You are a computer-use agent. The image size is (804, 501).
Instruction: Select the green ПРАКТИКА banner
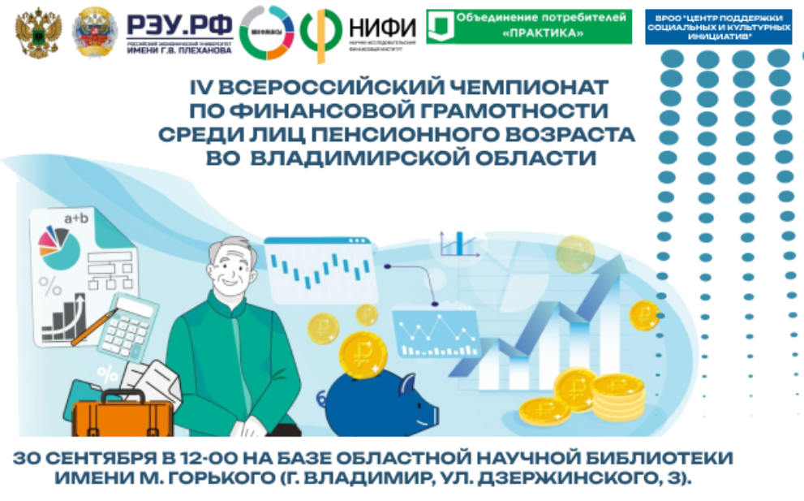click(528, 27)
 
